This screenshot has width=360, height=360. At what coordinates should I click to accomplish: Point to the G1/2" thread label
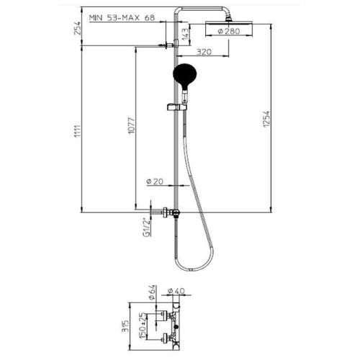[145, 226]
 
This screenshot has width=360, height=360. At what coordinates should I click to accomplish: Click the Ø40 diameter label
[176, 290]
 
